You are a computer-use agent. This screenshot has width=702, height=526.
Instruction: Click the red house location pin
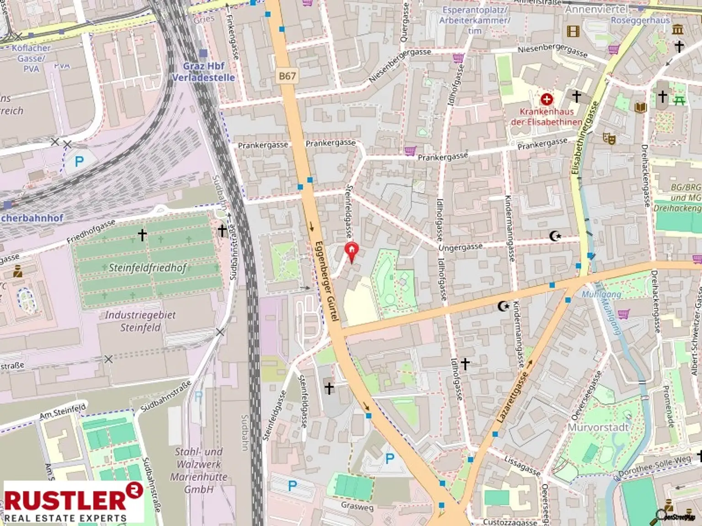coord(351,252)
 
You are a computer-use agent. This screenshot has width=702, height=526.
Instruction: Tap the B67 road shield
coord(287,76)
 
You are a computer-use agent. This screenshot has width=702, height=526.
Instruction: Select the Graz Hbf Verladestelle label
coord(204,72)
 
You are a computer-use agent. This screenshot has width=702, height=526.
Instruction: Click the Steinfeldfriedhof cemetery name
coord(148,268)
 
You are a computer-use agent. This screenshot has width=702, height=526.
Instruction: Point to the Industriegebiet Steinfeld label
coord(140,321)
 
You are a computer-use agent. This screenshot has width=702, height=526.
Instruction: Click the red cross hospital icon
coord(546,99)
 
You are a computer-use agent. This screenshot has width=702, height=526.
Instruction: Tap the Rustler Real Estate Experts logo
coord(73,502)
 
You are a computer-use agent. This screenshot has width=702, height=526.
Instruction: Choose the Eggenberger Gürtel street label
coord(327,280)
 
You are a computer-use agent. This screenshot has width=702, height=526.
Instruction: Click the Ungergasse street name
coord(460,247)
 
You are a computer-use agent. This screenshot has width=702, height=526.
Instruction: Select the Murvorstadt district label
coord(598,427)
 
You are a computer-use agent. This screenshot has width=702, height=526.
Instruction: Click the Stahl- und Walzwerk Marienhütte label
coord(199,470)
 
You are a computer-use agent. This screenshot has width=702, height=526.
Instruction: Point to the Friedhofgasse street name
coord(91,231)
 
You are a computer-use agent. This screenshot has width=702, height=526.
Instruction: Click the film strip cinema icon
coord(573,31)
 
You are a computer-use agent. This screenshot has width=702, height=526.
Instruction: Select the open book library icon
coord(640,107)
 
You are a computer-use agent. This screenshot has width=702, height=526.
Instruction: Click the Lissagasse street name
coord(522,465)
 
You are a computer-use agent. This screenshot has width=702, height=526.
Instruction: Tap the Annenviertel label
coord(596,9)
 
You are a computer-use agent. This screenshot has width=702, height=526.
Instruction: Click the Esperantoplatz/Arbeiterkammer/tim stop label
coord(474,21)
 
